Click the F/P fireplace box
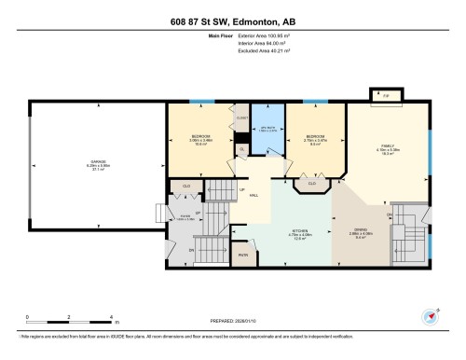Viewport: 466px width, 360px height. (384, 95)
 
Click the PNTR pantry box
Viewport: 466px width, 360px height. (244, 254)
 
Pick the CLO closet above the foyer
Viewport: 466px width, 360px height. (187, 186)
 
